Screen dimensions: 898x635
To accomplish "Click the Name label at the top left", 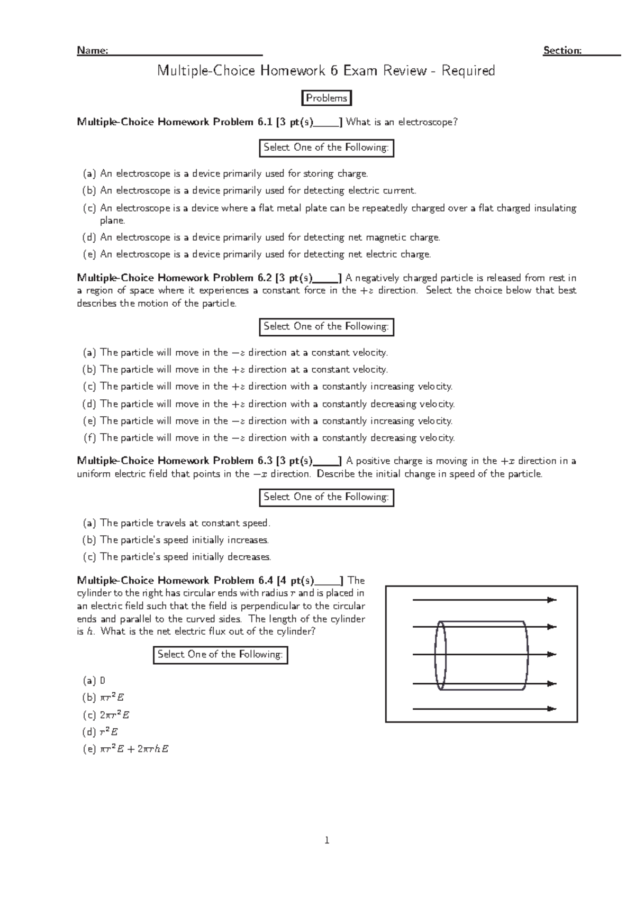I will pyautogui.click(x=93, y=51).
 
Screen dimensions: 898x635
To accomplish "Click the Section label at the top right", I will pyautogui.click(x=563, y=51).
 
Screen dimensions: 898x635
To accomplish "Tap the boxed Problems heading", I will pyautogui.click(x=326, y=98).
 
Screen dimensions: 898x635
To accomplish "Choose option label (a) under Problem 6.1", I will pyautogui.click(x=90, y=173).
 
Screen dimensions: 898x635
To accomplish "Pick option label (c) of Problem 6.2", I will pyautogui.click(x=90, y=387).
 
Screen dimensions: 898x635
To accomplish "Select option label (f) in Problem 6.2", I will pyautogui.click(x=90, y=438).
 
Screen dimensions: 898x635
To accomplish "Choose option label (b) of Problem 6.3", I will pyautogui.click(x=90, y=540).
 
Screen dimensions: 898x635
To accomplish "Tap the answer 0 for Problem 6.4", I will pyautogui.click(x=103, y=681).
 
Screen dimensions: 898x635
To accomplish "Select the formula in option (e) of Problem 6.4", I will pyautogui.click(x=134, y=749).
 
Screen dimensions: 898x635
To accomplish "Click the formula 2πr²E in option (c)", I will pyautogui.click(x=115, y=715).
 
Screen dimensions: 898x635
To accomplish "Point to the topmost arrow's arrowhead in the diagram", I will pyautogui.click(x=552, y=600).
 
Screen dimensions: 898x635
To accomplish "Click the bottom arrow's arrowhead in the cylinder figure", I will pyautogui.click(x=552, y=709).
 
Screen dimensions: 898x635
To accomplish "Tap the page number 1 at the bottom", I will pyautogui.click(x=327, y=840).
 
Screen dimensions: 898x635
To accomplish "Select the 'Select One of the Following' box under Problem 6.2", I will pyautogui.click(x=326, y=327).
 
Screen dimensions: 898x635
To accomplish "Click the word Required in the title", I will pyautogui.click(x=468, y=71).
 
